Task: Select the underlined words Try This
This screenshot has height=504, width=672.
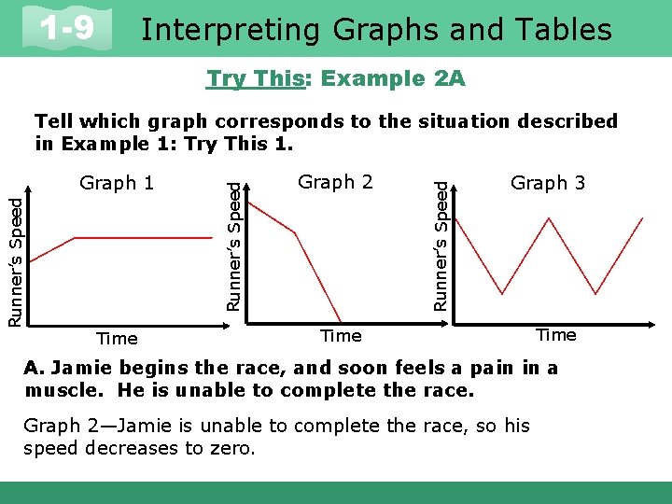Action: point(256,79)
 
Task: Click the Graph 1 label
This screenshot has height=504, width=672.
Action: point(117,183)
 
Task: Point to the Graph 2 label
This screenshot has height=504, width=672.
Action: point(335,182)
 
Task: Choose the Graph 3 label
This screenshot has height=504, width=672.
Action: point(548,183)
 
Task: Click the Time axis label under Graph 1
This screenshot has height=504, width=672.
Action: point(117,339)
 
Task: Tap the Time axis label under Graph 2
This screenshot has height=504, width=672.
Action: point(341,335)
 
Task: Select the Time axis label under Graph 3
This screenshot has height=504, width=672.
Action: point(555,335)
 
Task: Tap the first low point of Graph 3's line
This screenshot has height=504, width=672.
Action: point(504,293)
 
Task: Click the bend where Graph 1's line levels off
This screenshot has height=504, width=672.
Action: point(74,238)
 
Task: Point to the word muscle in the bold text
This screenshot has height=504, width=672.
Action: point(57,390)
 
